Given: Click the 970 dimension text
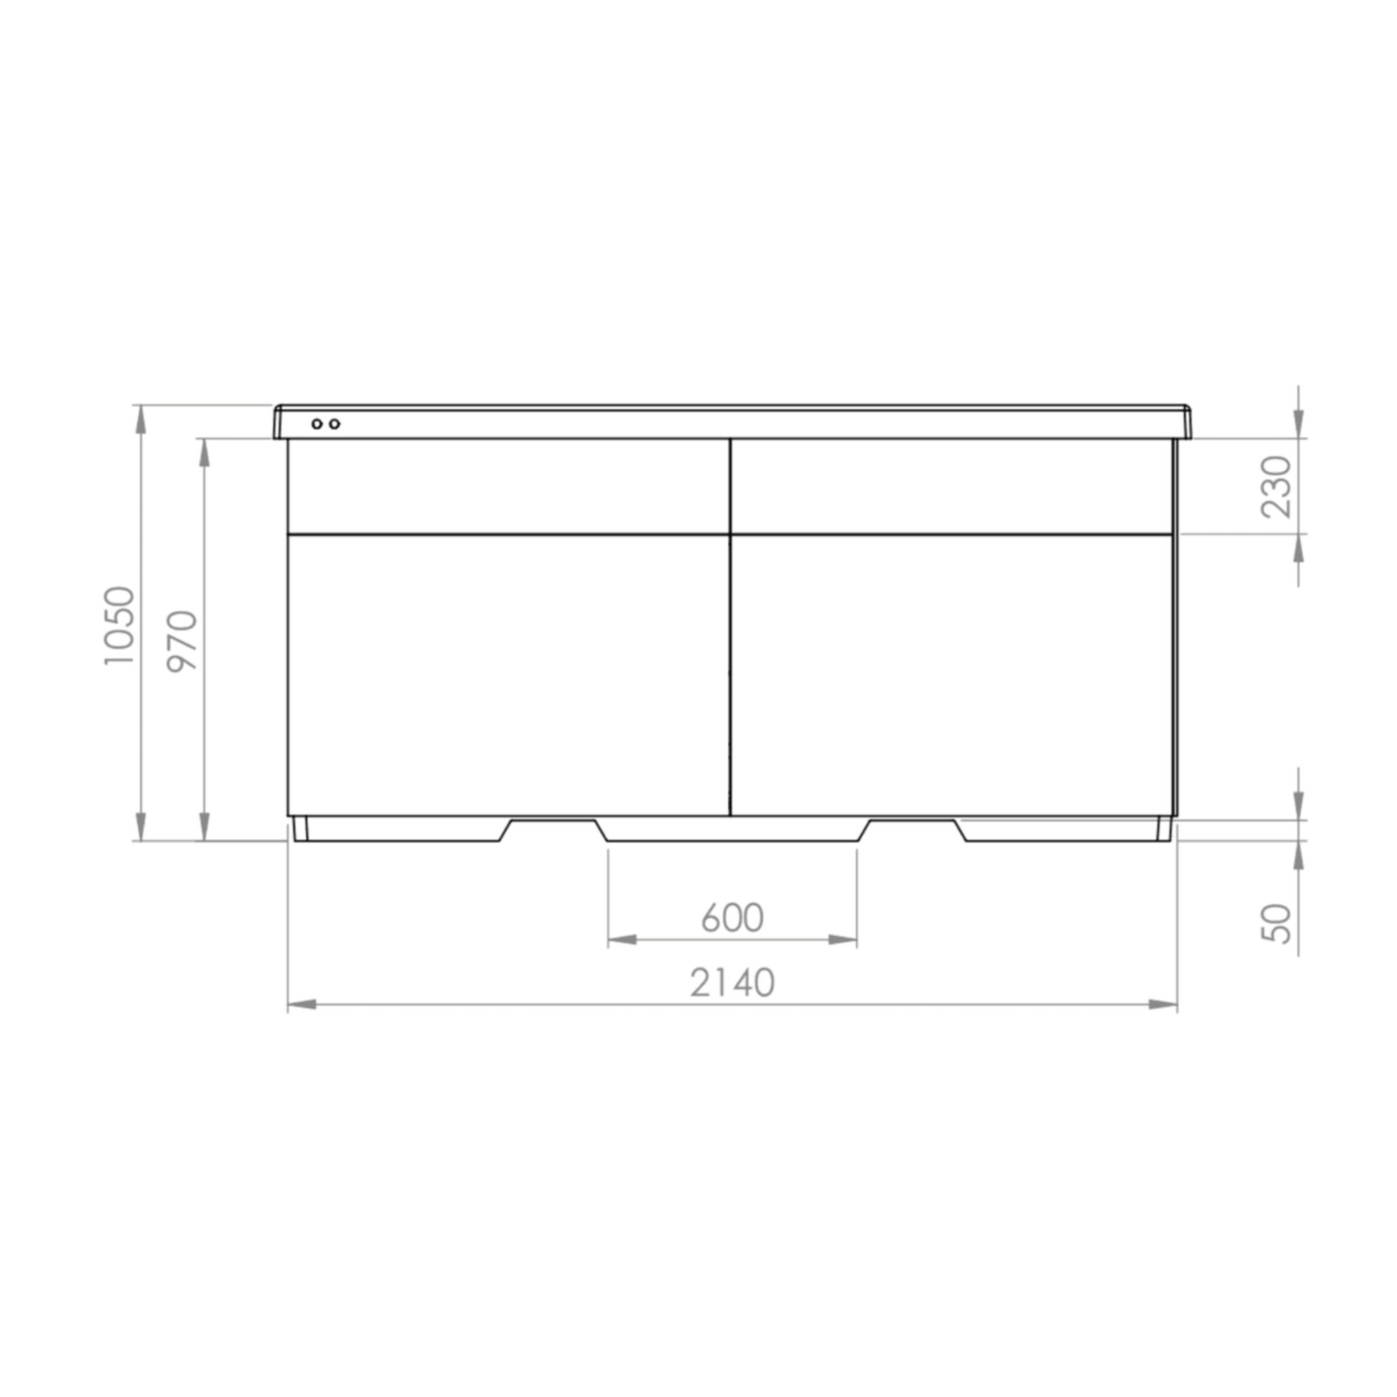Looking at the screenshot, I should coord(182,641).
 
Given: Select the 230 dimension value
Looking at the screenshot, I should coord(1276,486).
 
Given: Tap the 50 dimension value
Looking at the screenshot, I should coord(1276,923).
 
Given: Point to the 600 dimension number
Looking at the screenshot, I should coord(732,918).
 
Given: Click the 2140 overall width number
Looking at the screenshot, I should coord(732,983).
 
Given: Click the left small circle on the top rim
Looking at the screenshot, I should coord(317,424).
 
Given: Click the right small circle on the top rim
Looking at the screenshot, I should coord(334,424).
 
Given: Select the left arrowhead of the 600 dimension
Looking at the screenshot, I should coord(622,940).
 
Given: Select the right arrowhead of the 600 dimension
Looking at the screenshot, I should coord(842,940).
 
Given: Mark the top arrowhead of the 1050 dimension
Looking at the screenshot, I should coord(140,419).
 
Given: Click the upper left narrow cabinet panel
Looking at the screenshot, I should coord(508,486).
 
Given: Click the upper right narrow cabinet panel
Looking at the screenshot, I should coord(951,486).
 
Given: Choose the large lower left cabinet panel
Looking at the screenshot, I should coord(508,675).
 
